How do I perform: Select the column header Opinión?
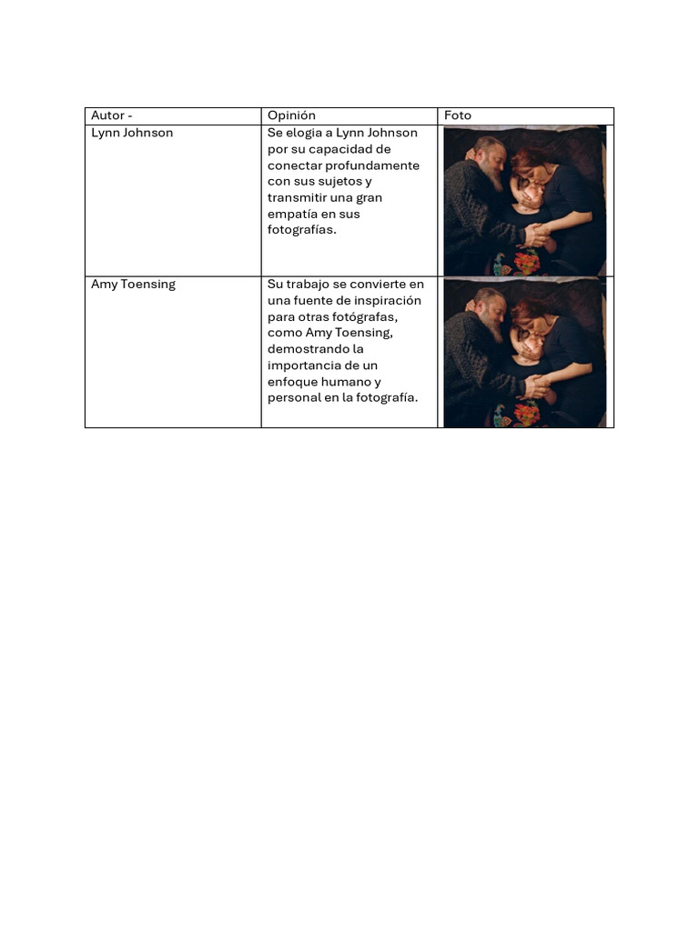(291, 115)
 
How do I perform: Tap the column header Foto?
(458, 115)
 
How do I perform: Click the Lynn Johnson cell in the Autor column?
(132, 133)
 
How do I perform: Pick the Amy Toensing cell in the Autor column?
(133, 285)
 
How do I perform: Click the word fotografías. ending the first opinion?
(302, 231)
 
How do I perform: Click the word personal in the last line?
(294, 398)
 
